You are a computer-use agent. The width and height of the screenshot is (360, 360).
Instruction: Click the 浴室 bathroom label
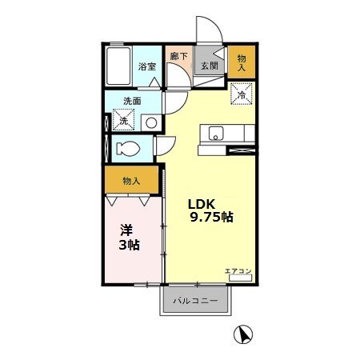click(x=146, y=66)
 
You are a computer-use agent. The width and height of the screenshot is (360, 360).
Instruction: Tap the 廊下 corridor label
click(x=178, y=57)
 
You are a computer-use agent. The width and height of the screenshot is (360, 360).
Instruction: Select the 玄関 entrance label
click(x=210, y=66)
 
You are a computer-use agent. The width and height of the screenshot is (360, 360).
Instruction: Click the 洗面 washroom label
click(x=132, y=102)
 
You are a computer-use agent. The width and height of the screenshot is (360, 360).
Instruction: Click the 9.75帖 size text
click(x=211, y=217)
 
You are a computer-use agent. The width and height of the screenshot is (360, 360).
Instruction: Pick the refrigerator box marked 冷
click(x=241, y=94)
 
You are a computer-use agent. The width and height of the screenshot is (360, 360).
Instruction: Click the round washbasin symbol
click(x=150, y=122)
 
